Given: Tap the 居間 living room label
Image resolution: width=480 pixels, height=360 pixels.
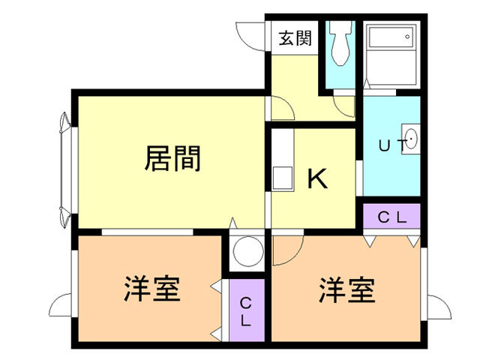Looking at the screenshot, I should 172,158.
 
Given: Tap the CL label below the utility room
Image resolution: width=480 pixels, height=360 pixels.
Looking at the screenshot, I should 391,218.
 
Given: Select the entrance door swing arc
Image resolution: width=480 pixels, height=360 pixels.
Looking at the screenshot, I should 251,34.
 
